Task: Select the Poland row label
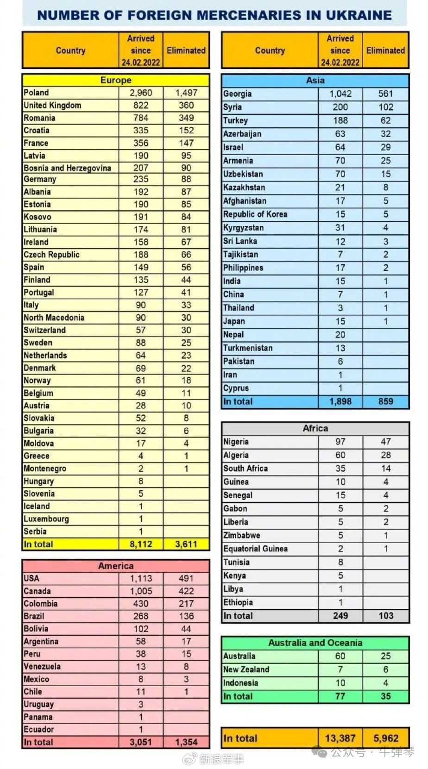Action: tap(36, 93)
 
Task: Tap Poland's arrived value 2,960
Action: tap(141, 93)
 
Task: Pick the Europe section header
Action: tap(116, 80)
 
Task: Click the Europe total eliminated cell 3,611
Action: tap(186, 544)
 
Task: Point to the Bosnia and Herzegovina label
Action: tap(67, 168)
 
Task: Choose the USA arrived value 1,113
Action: tap(141, 578)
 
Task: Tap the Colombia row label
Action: tap(41, 603)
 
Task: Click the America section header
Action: tap(116, 566)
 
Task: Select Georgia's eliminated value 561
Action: tap(385, 94)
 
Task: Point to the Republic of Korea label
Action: tap(255, 214)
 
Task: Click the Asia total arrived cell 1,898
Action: tap(340, 401)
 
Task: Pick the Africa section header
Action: tap(315, 428)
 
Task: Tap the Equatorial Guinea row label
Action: tap(255, 549)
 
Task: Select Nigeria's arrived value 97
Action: tap(340, 442)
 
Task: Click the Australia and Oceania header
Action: tap(315, 643)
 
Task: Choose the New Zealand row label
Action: tap(246, 669)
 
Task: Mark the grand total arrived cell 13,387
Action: tap(340, 738)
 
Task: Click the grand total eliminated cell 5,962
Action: tap(385, 738)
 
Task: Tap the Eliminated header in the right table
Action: tap(385, 50)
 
